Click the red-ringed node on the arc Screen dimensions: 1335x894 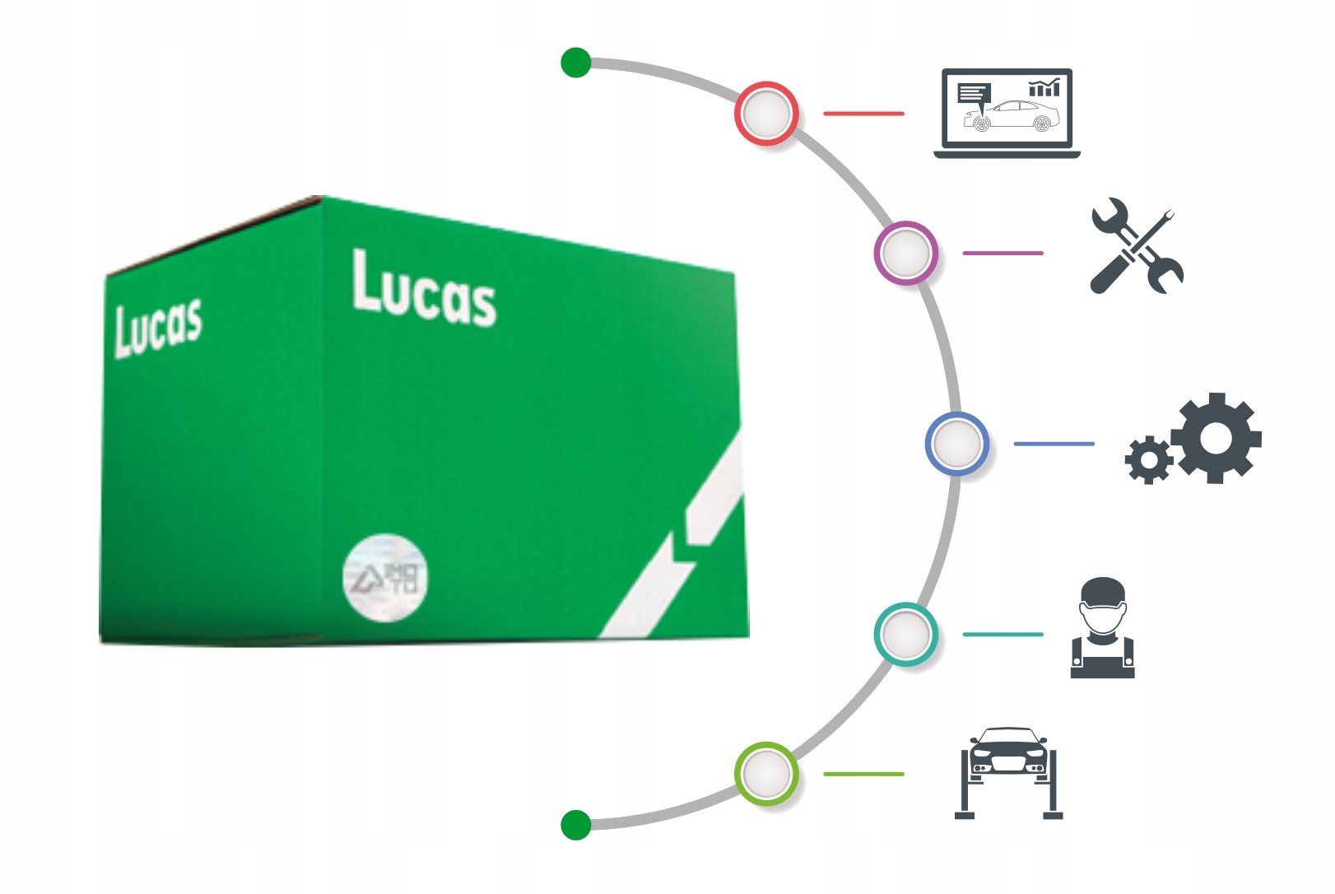click(x=766, y=114)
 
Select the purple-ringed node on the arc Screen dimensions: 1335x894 click(x=905, y=253)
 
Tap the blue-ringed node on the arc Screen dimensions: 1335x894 click(x=956, y=444)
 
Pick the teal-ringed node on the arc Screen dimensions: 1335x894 click(x=905, y=634)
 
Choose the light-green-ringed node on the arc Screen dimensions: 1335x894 click(x=766, y=774)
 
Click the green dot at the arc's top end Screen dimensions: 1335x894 click(x=576, y=63)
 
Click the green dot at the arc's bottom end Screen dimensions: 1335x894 click(x=576, y=825)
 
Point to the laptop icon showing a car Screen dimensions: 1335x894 click(x=1007, y=113)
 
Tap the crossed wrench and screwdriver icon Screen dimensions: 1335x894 click(x=1137, y=246)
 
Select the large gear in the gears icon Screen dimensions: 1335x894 click(x=1216, y=437)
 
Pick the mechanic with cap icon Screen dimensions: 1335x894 click(x=1103, y=628)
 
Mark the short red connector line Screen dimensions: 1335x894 click(x=863, y=114)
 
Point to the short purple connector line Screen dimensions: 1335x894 click(x=1002, y=253)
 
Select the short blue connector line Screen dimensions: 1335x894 click(x=1054, y=444)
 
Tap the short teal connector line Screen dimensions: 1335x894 click(x=1002, y=634)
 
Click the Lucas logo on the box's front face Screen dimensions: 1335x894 click(x=424, y=289)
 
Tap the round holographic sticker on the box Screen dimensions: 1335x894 click(x=385, y=577)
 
